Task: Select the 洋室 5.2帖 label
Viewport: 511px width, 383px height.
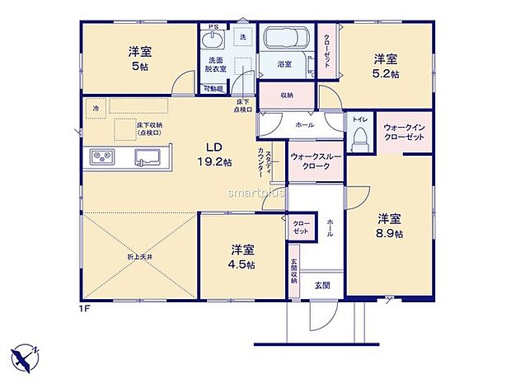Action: point(386,66)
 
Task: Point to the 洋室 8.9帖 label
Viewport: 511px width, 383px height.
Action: point(390,226)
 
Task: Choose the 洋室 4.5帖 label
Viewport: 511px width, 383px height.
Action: point(242,256)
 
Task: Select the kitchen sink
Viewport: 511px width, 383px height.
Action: point(148,156)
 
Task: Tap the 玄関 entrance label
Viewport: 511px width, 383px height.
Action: point(321,285)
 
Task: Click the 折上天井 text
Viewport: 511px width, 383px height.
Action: point(138,257)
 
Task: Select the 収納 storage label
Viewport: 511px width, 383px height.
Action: point(287,95)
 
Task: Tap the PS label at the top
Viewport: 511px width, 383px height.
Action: point(213,27)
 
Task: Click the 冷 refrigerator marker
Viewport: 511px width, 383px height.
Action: point(96,108)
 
